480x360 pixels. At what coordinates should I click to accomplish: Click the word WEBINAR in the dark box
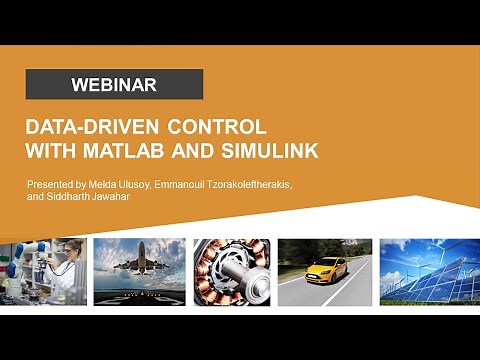[114, 85]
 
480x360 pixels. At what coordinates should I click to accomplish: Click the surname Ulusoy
[166, 186]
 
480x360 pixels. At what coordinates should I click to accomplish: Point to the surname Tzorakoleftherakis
[290, 186]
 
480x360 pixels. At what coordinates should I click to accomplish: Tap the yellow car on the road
[327, 267]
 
